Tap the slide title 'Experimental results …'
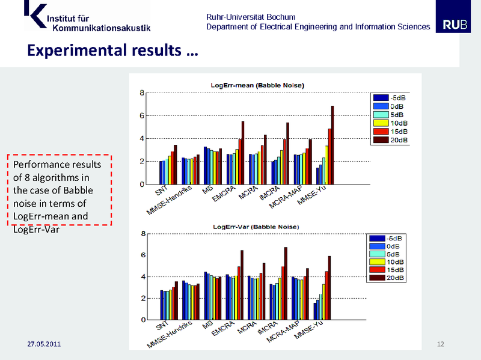[x=112, y=50]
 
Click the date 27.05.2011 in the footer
[x=43, y=344]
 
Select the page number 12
[x=440, y=344]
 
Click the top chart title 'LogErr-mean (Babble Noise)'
[x=257, y=86]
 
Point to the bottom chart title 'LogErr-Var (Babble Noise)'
[x=257, y=226]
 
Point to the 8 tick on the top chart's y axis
[x=142, y=93]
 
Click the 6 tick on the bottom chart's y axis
[x=142, y=255]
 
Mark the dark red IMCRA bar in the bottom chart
[x=286, y=283]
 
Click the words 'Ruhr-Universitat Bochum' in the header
[x=251, y=17]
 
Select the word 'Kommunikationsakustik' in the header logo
[x=102, y=27]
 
